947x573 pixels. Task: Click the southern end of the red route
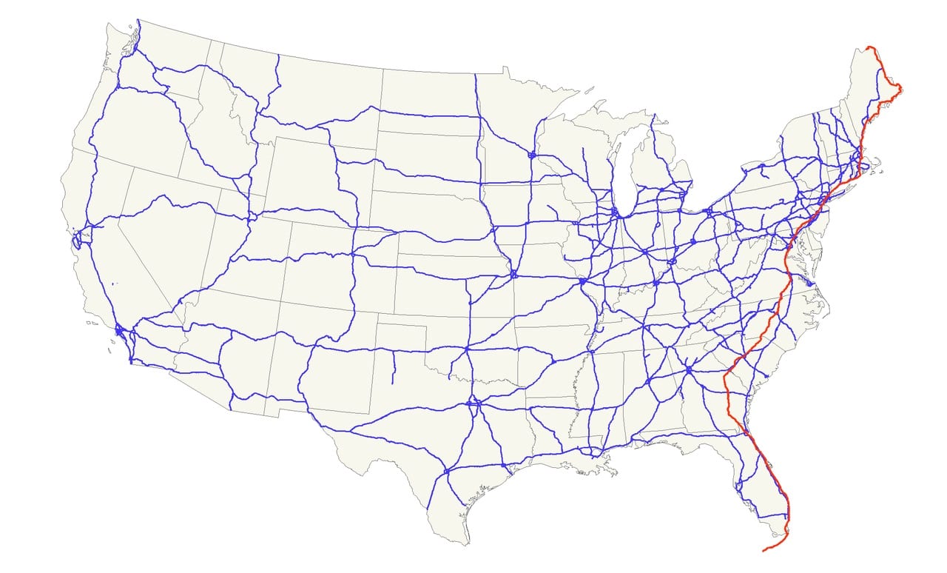(764, 550)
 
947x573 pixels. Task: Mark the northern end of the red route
(869, 47)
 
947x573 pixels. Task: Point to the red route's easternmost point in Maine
(900, 89)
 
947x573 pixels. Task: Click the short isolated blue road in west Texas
(392, 368)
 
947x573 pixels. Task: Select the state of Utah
(237, 252)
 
